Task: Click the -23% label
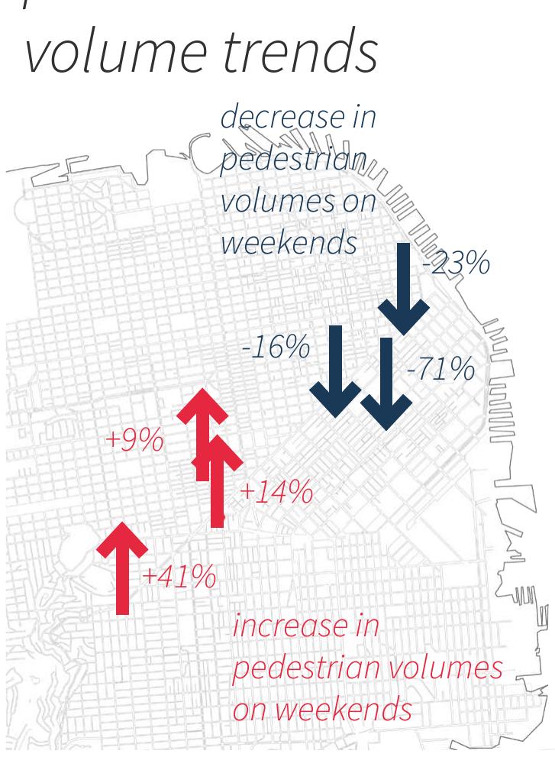pyautogui.click(x=457, y=264)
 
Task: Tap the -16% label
pyautogui.click(x=276, y=348)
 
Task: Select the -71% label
pyautogui.click(x=440, y=370)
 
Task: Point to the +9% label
pyautogui.click(x=134, y=440)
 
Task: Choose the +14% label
pyautogui.click(x=276, y=493)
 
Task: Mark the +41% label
pyautogui.click(x=179, y=577)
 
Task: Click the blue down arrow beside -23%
pyautogui.click(x=403, y=290)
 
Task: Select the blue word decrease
pyautogui.click(x=283, y=118)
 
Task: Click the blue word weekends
pyautogui.click(x=289, y=243)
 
